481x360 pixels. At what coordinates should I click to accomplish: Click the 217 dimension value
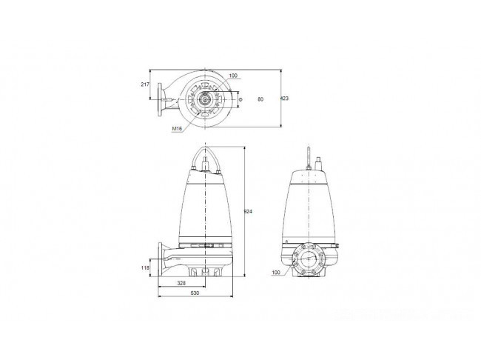point(145,84)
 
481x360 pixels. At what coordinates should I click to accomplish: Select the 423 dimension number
point(285,99)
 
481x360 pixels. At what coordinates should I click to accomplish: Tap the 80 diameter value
point(260,99)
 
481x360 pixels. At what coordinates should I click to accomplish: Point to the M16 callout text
point(177,129)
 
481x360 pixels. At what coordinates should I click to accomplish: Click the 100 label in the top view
point(233,76)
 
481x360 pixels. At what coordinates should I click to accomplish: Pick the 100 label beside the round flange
point(276,272)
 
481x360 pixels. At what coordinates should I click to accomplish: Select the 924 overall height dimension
point(248,212)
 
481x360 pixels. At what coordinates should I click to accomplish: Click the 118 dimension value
point(145,268)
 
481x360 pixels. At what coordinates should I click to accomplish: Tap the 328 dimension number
point(181,283)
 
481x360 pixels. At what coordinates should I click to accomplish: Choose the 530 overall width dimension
point(195,293)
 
